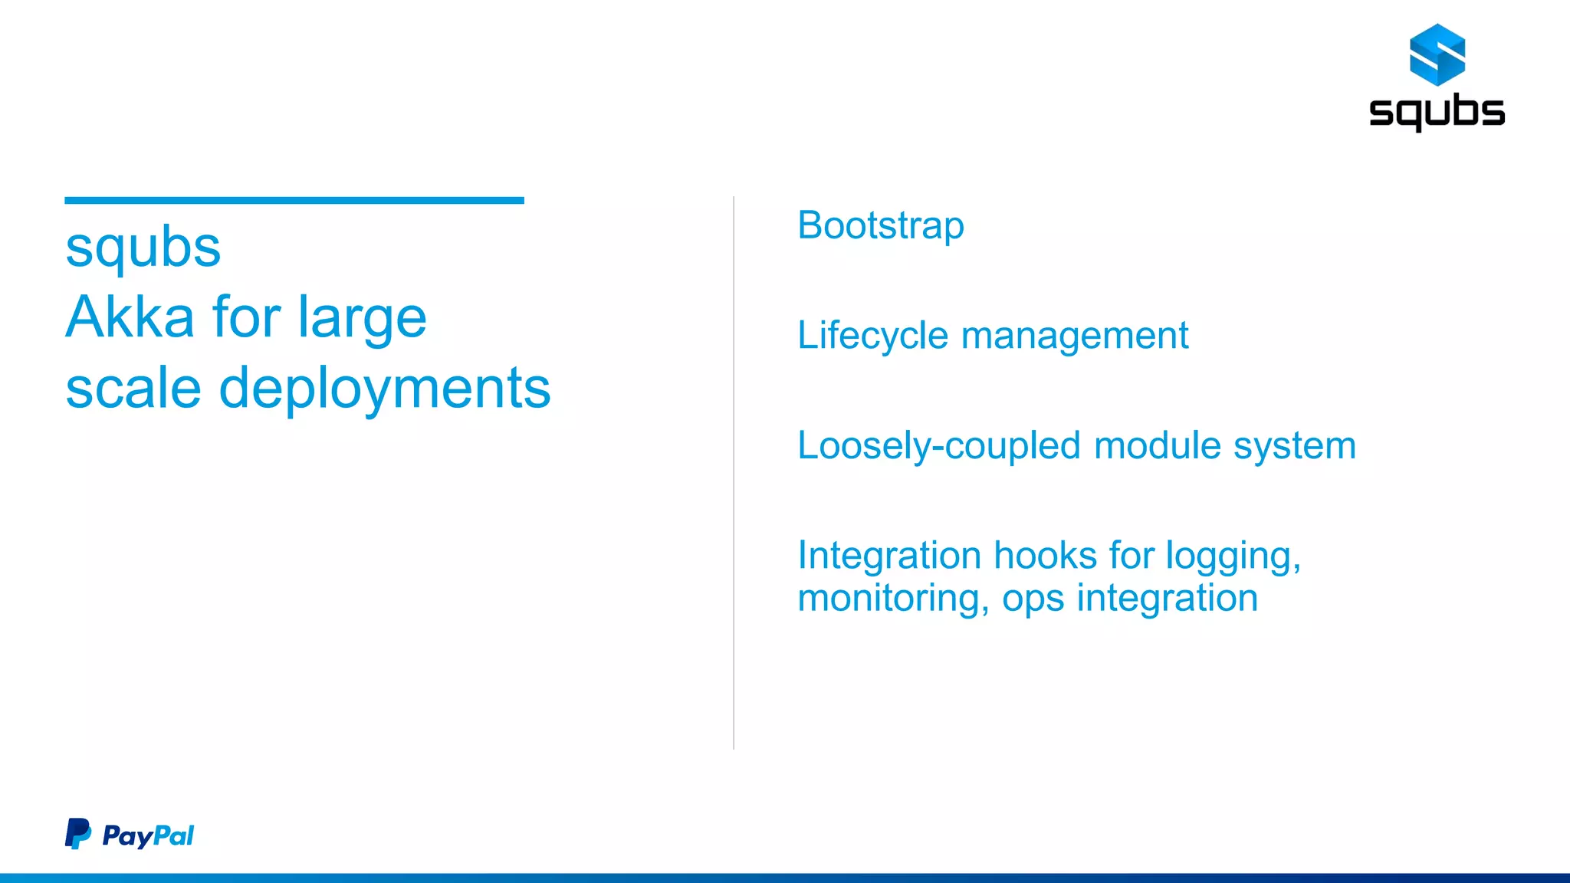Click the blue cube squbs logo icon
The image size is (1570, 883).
(1437, 54)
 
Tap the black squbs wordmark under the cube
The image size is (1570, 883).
(1437, 113)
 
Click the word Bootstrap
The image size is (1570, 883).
(881, 226)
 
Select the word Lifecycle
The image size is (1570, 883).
(872, 336)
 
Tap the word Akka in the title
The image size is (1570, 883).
(130, 317)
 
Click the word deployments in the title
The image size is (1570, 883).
(384, 389)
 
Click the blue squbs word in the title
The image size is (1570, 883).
(143, 248)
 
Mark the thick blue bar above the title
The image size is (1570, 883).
(294, 201)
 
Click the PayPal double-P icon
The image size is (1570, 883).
(77, 834)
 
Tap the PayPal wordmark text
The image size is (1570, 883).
(148, 835)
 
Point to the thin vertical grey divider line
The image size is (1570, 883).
(734, 472)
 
